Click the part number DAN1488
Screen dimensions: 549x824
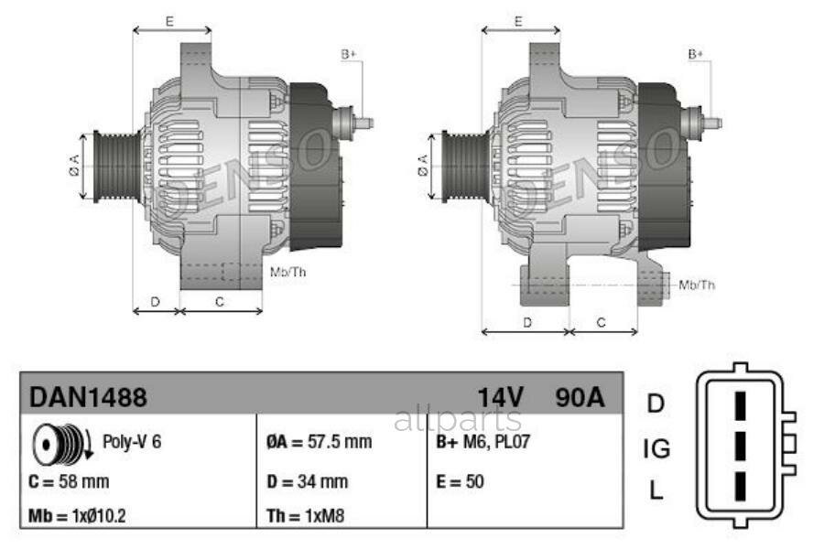(88, 398)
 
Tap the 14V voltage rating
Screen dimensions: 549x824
(500, 398)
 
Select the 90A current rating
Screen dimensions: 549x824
(580, 398)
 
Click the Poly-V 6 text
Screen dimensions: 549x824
(132, 441)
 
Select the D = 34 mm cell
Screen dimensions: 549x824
(307, 480)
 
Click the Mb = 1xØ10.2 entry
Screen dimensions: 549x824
(77, 515)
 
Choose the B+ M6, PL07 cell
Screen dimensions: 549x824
(482, 442)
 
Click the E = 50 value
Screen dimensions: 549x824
(460, 480)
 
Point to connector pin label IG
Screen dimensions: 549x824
(656, 448)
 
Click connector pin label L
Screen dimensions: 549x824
(656, 490)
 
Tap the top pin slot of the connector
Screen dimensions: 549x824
(741, 404)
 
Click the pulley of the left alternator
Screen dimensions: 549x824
(117, 165)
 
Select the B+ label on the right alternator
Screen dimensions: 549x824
(696, 54)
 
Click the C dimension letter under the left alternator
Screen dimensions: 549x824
(220, 300)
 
